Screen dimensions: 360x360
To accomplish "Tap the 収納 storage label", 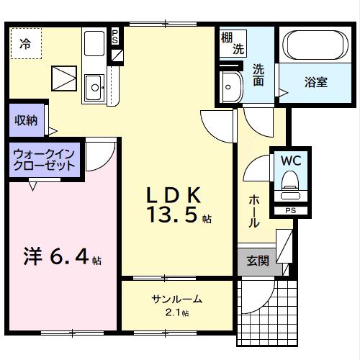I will pos(27,120).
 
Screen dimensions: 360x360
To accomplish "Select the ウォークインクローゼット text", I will pos(45,159).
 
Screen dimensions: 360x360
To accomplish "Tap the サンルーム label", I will pos(176,299).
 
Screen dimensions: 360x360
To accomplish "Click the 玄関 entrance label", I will pos(258,261).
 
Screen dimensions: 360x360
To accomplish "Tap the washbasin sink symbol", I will pos(232,87).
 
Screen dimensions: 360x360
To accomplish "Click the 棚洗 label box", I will pos(232,44).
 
